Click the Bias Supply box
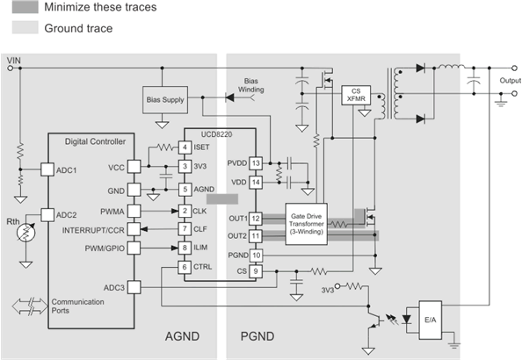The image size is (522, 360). coord(166,100)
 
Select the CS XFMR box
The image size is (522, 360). coord(355,96)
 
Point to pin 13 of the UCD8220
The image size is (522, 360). coord(256,163)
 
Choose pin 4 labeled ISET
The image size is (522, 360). coord(185,147)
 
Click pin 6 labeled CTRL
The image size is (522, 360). coord(185,266)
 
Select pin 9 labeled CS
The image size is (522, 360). coord(256,271)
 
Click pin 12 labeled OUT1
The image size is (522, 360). coord(256,218)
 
